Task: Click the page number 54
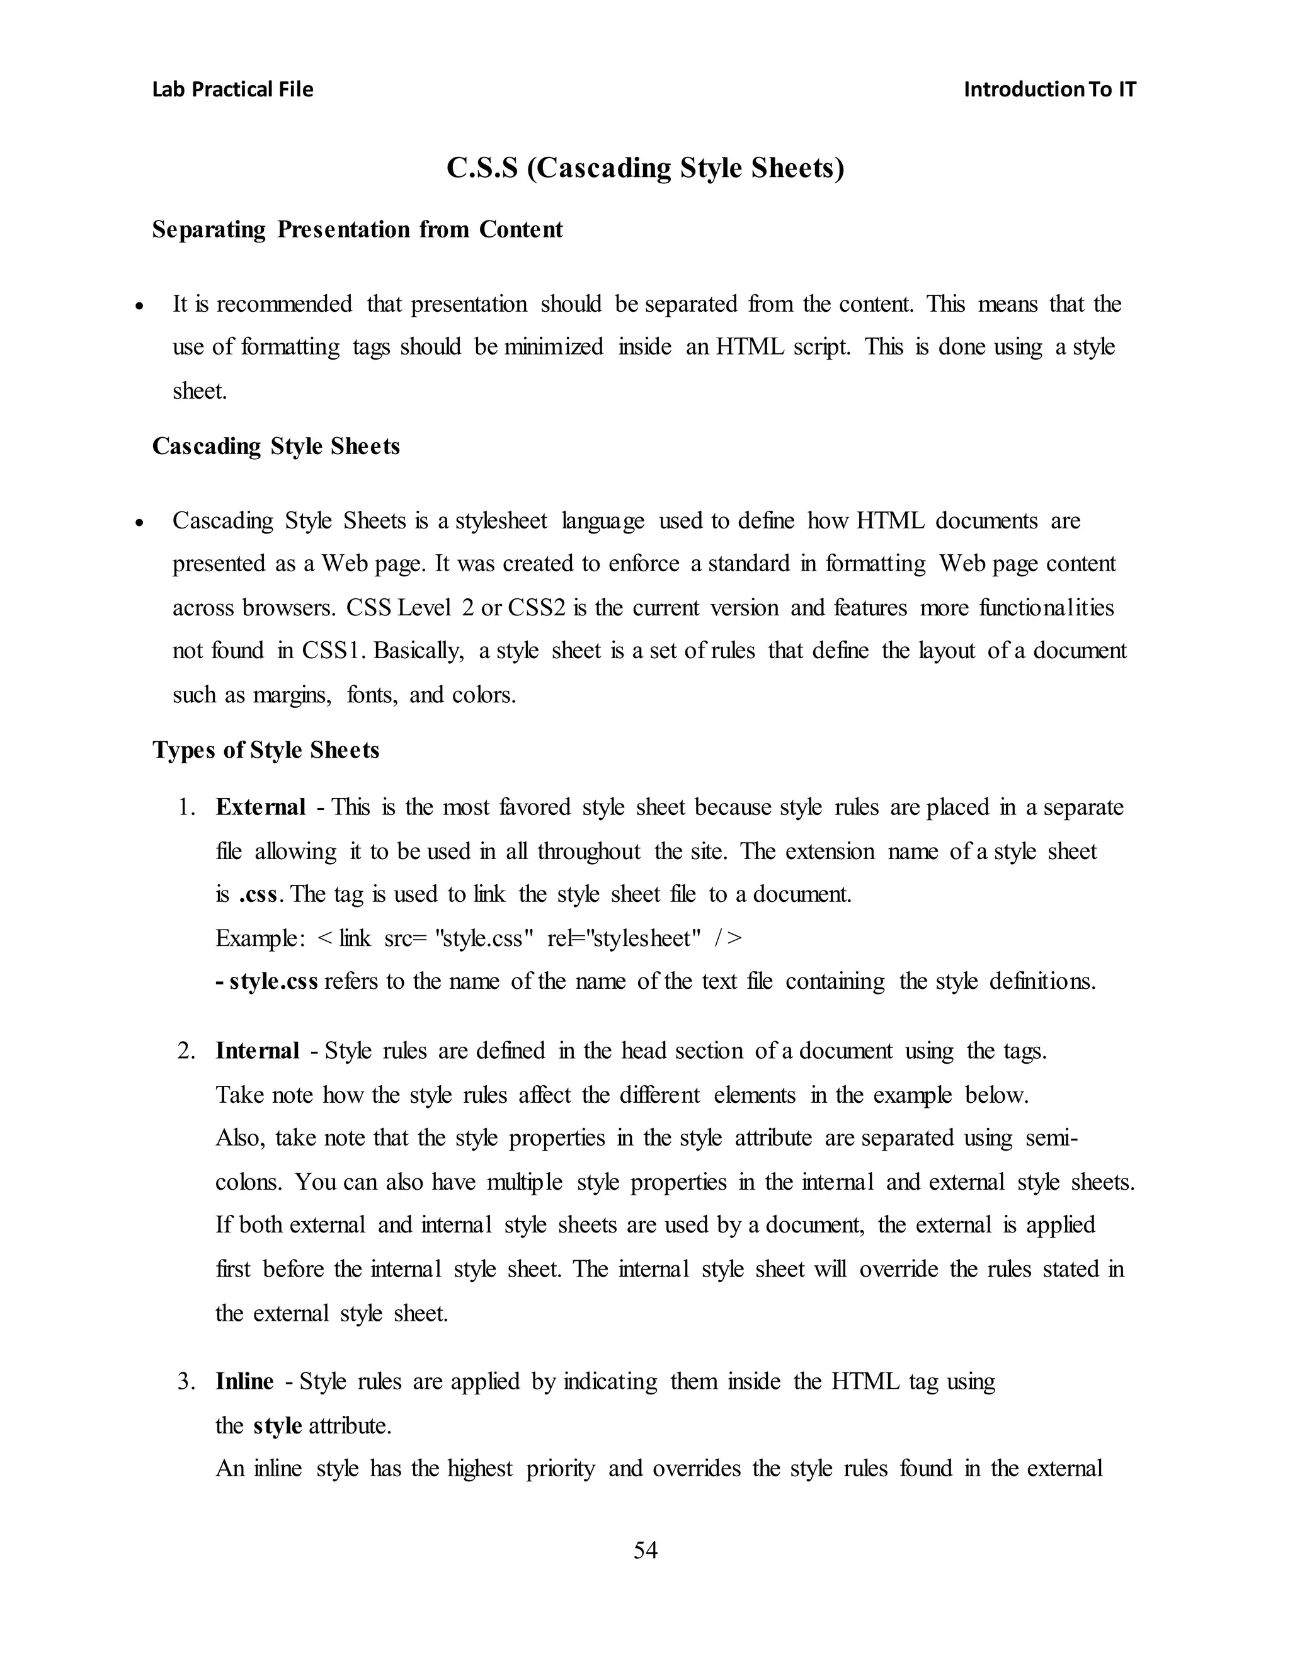pos(645,1550)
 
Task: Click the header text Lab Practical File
pos(232,89)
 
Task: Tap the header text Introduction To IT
pos(1049,89)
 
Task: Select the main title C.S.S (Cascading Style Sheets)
pos(645,168)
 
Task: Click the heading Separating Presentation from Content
pos(357,229)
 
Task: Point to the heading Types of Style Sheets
pos(265,749)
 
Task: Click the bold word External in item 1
pos(260,807)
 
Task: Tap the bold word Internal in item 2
pos(257,1051)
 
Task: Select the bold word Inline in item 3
pos(244,1381)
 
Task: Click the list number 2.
pos(186,1051)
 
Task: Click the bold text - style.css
pos(266,981)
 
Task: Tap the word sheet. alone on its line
pos(200,391)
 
